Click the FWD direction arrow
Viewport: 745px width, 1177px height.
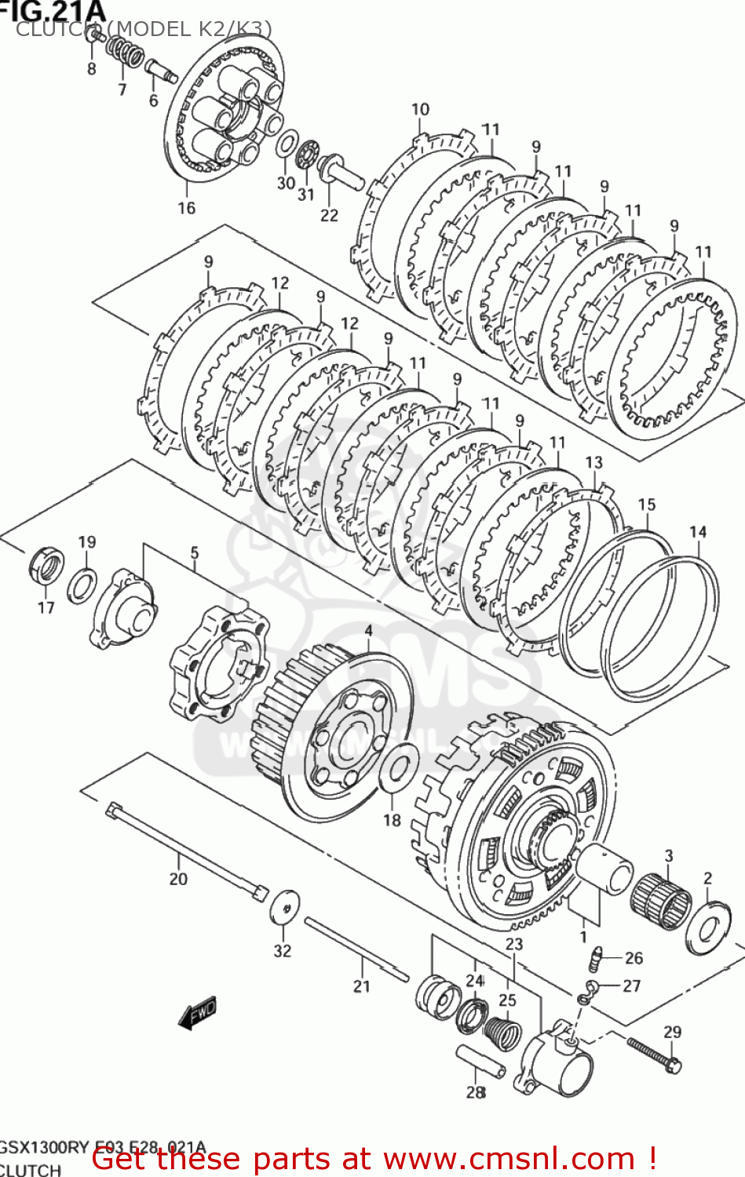coord(197,1014)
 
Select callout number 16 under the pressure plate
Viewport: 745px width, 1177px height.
coord(186,208)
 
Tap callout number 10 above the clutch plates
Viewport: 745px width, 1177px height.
coord(420,110)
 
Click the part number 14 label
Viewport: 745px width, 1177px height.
coord(698,532)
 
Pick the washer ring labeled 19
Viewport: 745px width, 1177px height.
coord(82,585)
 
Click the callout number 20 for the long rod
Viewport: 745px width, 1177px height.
coord(178,879)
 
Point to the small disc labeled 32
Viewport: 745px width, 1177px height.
coord(285,909)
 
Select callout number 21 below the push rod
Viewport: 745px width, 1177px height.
coord(361,986)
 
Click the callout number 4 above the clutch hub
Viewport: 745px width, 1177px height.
coord(368,631)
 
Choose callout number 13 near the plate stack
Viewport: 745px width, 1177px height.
coord(593,463)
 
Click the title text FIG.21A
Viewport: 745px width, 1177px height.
coord(52,11)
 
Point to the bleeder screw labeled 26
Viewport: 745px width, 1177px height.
coord(597,957)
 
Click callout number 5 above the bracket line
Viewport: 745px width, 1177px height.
coord(195,553)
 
